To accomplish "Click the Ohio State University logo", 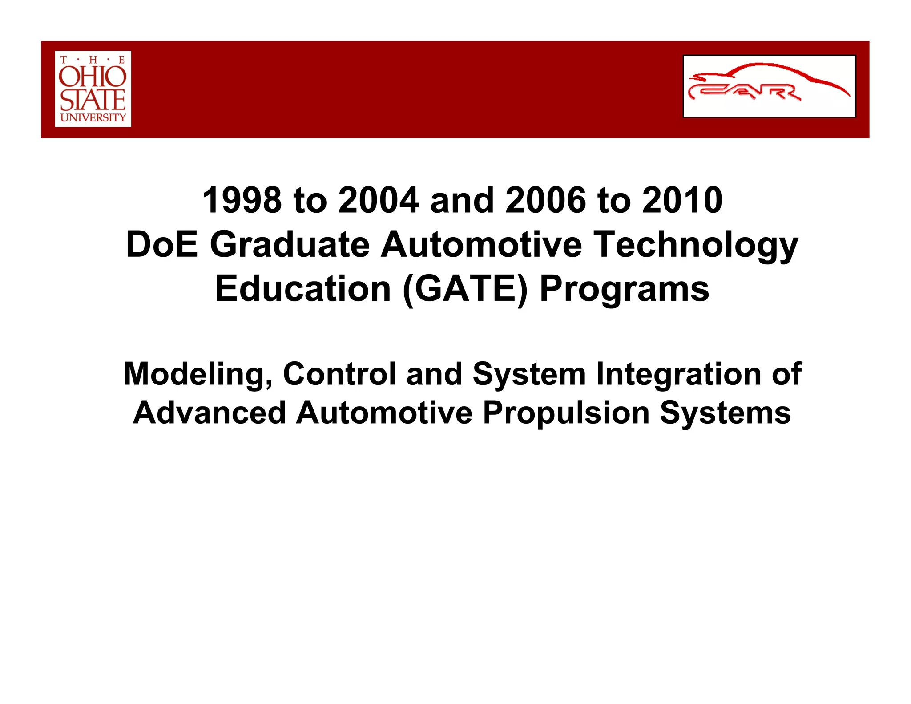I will coord(93,89).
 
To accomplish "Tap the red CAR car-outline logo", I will coord(769,86).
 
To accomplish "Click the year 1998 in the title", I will coord(242,200).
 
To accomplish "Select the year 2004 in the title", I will coord(378,200).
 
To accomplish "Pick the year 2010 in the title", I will coord(682,200).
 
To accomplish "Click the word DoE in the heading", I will coord(162,244).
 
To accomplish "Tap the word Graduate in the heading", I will coord(290,245).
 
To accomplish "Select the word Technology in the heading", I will coord(697,245).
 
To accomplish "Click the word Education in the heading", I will coord(303,289).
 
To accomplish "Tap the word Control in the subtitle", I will coord(339,373).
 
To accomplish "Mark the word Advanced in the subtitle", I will coord(209,413).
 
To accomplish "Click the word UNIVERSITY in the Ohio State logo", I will coord(93,117).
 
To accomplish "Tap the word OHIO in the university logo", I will coord(93,77).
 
